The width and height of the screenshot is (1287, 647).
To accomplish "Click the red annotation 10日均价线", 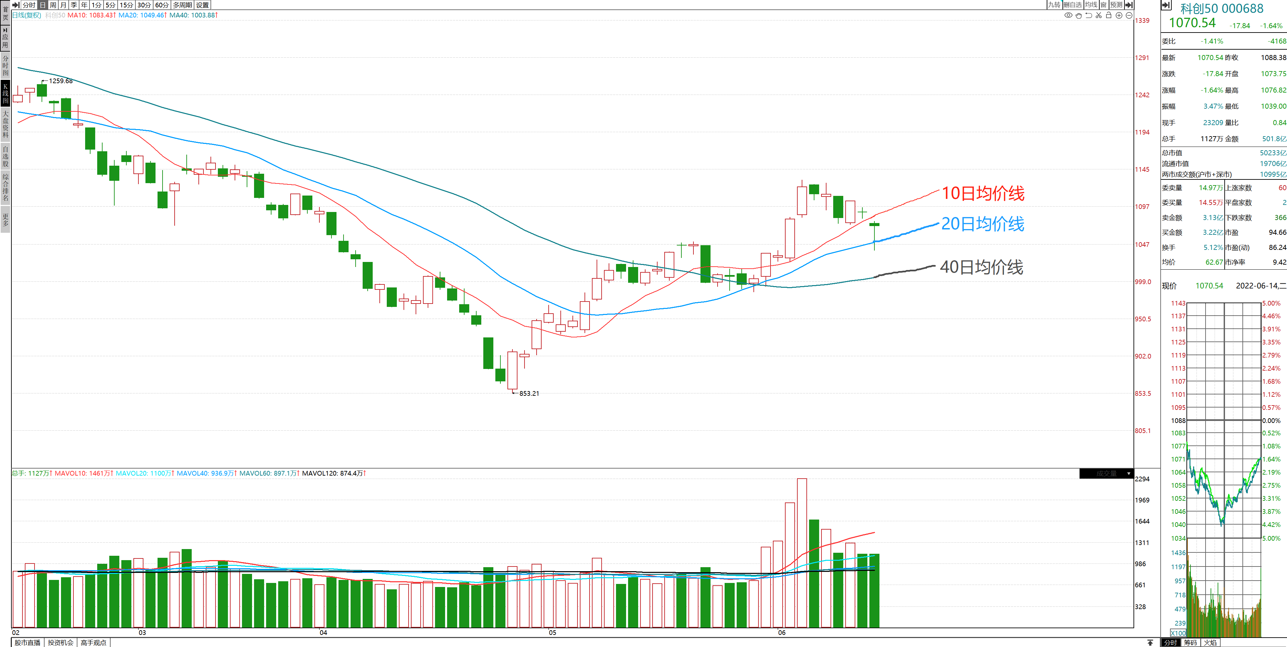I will pos(982,194).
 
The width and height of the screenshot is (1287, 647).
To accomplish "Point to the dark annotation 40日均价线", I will pos(981,267).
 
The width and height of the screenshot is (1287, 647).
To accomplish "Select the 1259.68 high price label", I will pos(60,81).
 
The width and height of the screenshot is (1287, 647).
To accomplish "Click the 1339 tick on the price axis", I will pos(1142,20).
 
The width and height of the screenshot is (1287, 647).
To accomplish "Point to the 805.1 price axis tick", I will pos(1143,431).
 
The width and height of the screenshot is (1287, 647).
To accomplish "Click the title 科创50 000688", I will pos(1222,8).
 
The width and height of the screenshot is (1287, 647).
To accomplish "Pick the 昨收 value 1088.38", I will pos(1273,57).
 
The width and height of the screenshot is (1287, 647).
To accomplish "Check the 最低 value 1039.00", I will pos(1273,106).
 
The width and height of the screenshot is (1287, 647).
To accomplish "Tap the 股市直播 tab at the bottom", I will pos(27,643).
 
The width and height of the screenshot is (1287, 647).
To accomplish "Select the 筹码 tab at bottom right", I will pos(1190,643).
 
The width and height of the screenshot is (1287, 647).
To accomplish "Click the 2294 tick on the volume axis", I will pos(1142,479).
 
